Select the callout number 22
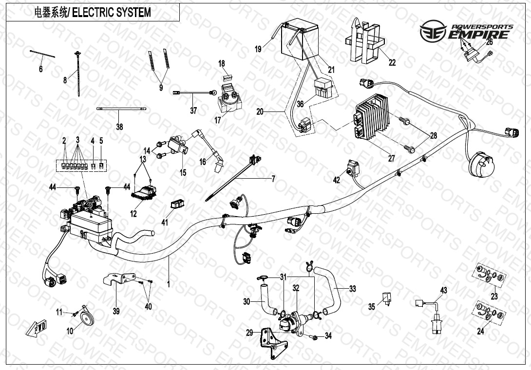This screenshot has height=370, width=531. [392, 62]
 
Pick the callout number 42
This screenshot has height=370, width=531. [336, 180]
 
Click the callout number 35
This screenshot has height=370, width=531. [372, 307]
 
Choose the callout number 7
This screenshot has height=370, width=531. [273, 179]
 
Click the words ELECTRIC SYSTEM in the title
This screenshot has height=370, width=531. [112, 13]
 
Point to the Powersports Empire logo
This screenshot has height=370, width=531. [467, 32]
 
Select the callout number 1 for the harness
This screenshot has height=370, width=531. [169, 283]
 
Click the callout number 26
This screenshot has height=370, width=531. [490, 42]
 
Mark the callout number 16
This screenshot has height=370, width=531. [203, 162]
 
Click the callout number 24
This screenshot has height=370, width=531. [480, 332]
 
